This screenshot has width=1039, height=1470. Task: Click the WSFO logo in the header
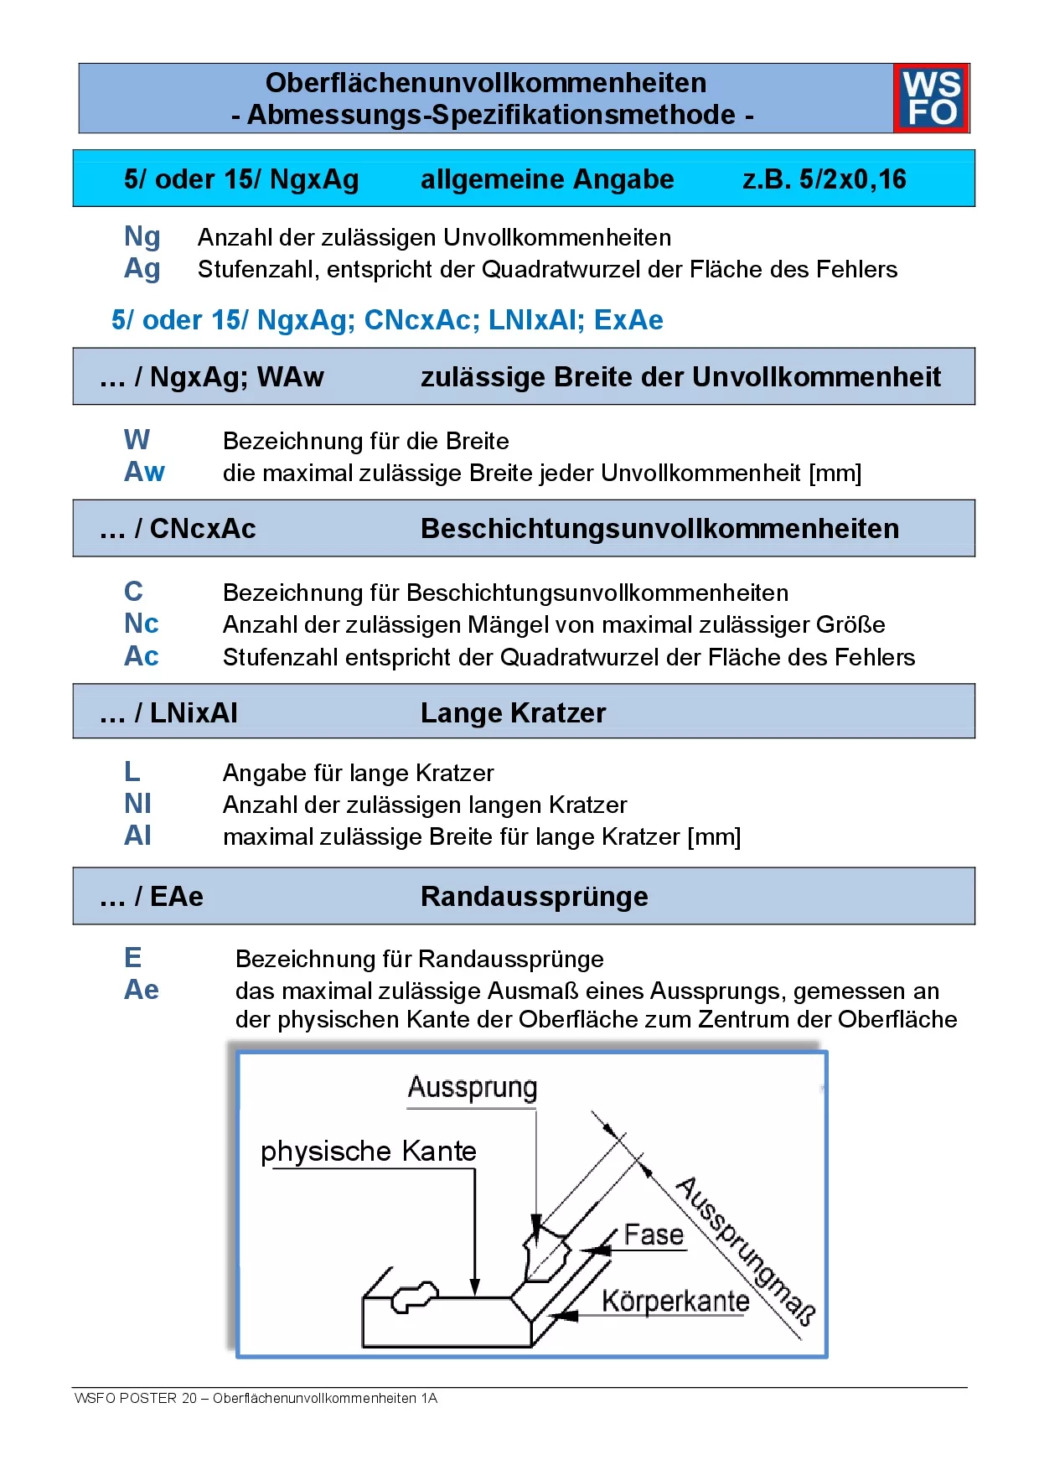tap(931, 98)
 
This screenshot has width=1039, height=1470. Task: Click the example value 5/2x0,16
tap(824, 179)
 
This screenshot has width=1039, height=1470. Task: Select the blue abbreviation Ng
tap(142, 238)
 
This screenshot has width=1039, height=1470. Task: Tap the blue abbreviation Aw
tap(144, 472)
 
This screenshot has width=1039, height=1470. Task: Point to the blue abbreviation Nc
tap(141, 624)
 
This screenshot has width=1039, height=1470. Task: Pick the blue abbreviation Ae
tap(141, 990)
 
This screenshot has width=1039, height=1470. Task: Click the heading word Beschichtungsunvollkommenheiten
tap(659, 529)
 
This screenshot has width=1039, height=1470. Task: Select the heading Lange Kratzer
tap(513, 713)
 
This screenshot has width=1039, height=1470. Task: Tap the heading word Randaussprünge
tap(534, 897)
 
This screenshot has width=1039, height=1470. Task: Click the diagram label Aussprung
tap(472, 1088)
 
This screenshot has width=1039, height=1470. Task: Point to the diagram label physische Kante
tap(368, 1152)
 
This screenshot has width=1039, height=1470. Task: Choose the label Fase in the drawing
tap(654, 1234)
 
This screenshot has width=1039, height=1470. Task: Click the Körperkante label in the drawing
tap(675, 1301)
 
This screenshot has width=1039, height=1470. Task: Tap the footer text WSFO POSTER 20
tap(136, 1398)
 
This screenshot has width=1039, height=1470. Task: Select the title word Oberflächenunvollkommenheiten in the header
tap(486, 83)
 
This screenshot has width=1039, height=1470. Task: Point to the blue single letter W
tap(137, 440)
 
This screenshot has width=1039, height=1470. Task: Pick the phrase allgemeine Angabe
tap(547, 179)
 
